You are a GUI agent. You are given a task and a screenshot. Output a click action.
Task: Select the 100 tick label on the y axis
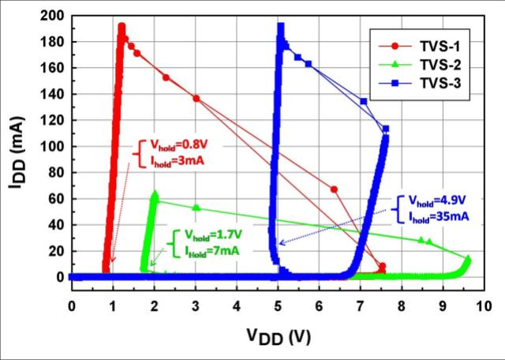click(52, 146)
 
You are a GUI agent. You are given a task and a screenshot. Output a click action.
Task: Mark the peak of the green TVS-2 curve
click(155, 193)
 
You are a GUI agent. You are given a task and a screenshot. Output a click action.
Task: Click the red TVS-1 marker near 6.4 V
click(334, 189)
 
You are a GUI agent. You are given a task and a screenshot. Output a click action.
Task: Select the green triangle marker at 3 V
click(196, 208)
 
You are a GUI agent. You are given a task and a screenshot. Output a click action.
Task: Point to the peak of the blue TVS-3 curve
click(280, 27)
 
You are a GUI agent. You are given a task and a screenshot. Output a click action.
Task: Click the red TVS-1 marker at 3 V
click(196, 99)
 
